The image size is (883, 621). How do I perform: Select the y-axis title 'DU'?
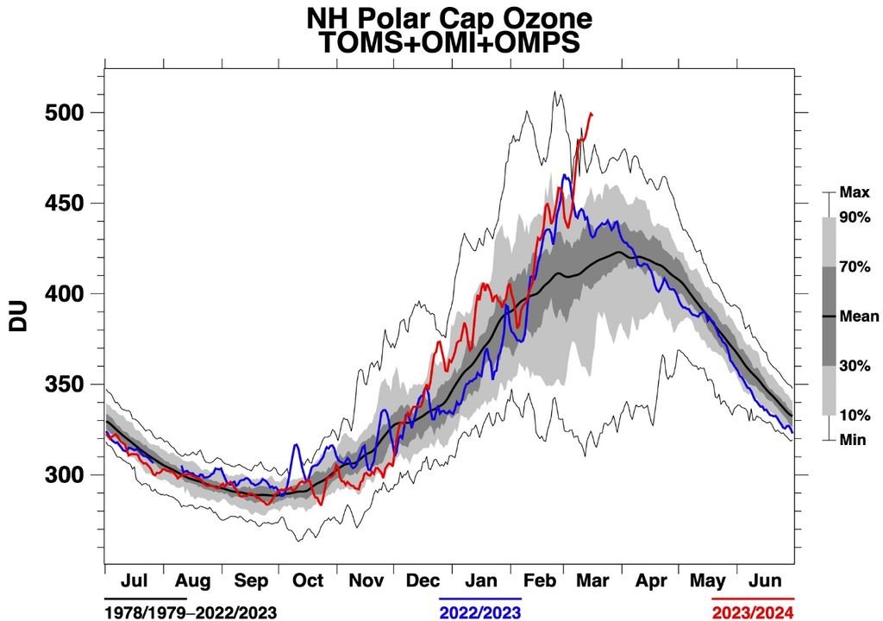tap(18, 317)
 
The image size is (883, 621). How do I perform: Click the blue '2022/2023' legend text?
tap(480, 612)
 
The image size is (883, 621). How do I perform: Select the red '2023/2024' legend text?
tap(754, 612)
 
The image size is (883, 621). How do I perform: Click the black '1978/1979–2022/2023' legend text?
tap(191, 612)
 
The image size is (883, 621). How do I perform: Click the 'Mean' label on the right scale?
tap(858, 317)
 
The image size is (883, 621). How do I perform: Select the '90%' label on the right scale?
tap(853, 217)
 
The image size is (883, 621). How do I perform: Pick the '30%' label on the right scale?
tap(853, 365)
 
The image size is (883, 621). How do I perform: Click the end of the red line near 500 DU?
tap(591, 113)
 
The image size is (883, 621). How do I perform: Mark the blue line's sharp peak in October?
tap(296, 445)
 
